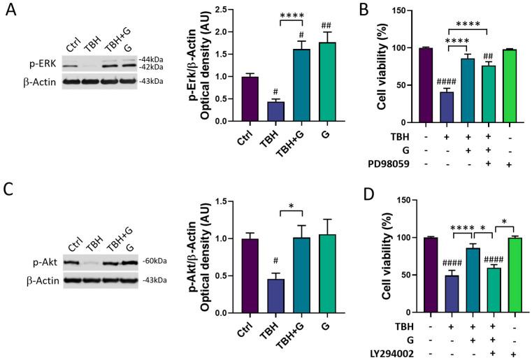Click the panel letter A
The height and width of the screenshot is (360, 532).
[x=12, y=14]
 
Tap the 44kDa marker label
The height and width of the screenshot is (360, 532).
[x=150, y=59]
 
